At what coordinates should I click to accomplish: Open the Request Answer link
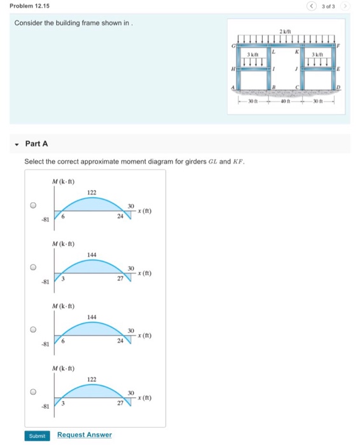pos(84,435)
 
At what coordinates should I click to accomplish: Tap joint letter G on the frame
pos(233,46)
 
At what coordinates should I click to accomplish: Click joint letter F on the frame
pos(338,46)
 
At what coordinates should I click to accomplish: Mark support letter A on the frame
pos(233,87)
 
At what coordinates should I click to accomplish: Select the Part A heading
pos(36,144)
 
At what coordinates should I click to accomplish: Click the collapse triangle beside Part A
pos(17,144)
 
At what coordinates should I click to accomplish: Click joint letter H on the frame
pos(233,69)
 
